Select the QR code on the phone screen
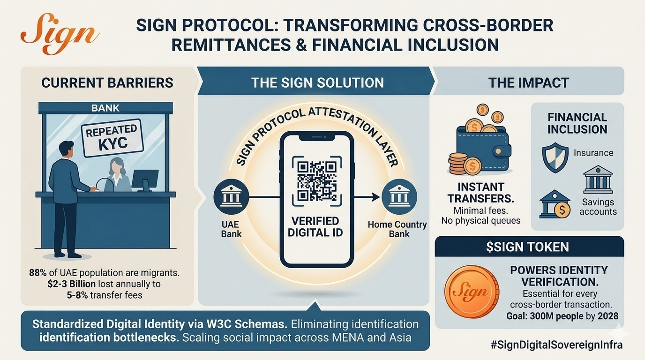click(316, 180)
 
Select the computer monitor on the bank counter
click(145, 180)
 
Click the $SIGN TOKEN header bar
click(529, 247)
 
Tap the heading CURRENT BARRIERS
click(107, 83)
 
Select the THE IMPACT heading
click(528, 83)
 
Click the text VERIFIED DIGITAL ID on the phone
click(315, 227)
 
